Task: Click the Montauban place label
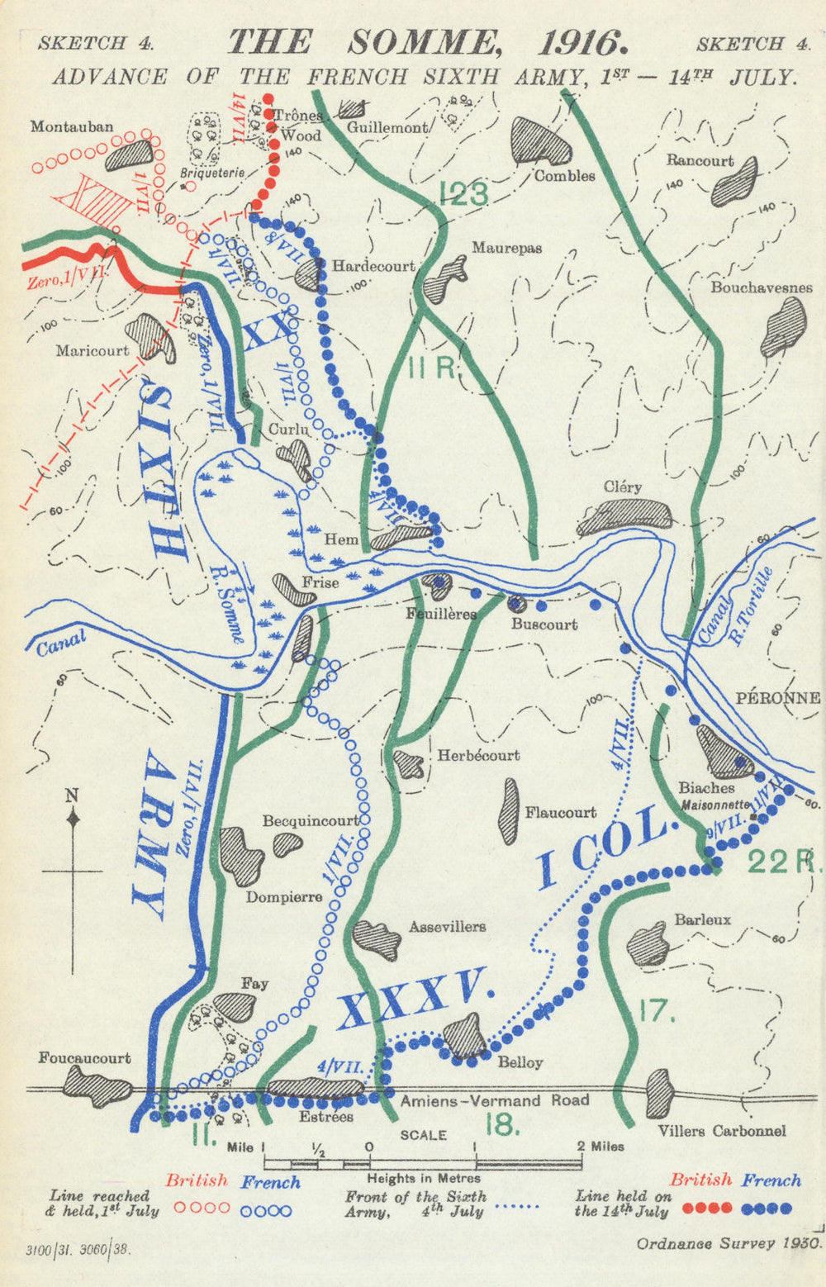click(72, 126)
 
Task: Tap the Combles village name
click(564, 176)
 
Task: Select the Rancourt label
click(700, 160)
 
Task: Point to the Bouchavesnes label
click(761, 287)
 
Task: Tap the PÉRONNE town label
click(778, 698)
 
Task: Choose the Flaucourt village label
click(561, 812)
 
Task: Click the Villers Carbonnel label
click(722, 1131)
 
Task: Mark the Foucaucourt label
click(84, 1058)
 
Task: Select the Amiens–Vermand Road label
click(495, 1100)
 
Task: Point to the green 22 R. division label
click(784, 862)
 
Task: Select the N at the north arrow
click(72, 796)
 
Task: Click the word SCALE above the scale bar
click(423, 1135)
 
